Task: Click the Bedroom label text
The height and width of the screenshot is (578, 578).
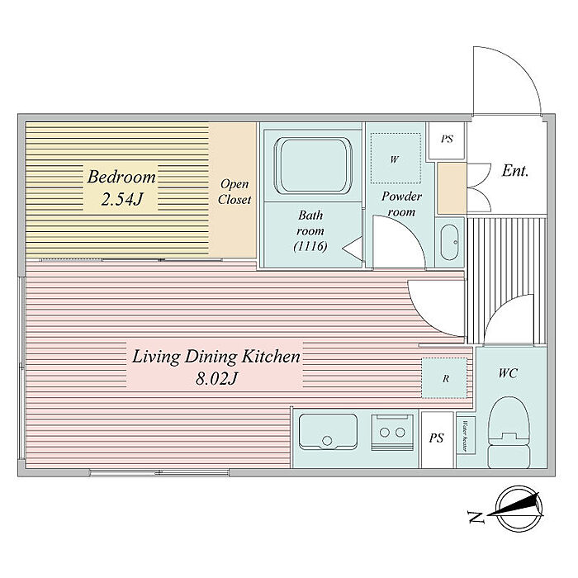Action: pos(121,178)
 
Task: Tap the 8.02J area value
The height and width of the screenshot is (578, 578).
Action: pos(216,378)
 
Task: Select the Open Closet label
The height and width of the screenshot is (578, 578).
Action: pos(234,192)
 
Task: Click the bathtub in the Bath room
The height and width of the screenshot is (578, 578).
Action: pos(313,165)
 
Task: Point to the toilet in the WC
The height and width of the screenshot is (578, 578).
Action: pos(509,433)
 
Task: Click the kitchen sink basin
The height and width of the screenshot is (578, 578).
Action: pos(328,432)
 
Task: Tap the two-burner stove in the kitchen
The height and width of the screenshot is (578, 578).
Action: pos(392,432)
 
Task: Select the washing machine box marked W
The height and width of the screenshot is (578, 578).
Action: pos(396,159)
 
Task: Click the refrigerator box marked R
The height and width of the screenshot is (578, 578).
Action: pos(446,378)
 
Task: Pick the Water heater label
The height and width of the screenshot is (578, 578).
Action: pos(465,436)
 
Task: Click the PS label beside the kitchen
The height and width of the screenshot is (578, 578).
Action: pos(437,438)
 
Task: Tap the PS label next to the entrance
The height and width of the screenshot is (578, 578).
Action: pos(448,139)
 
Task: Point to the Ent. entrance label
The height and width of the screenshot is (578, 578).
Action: pos(515,171)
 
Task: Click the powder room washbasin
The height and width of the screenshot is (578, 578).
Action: pos(450,242)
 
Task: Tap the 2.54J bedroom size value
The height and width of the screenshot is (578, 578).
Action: pos(121,200)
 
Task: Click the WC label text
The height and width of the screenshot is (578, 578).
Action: pos(508,373)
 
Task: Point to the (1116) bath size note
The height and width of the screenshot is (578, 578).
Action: pos(310,246)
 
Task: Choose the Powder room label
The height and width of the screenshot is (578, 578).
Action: pos(401,204)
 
